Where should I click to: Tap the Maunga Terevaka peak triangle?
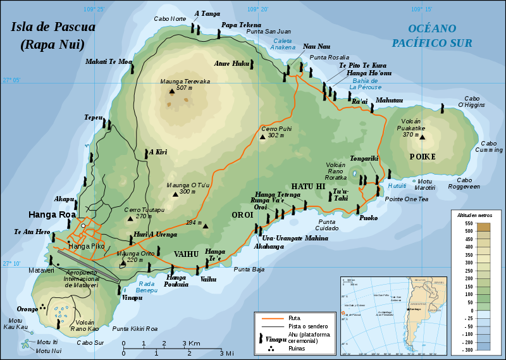point(171,92)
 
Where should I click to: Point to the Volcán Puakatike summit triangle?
point(423,137)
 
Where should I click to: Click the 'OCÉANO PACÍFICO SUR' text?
point(431,35)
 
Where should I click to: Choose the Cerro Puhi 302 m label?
point(276,132)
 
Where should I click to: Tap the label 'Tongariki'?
point(364,159)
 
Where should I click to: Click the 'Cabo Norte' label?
point(170,19)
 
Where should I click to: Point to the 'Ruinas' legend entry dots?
point(271,347)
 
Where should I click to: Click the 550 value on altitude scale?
point(468,223)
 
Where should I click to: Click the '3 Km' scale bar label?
point(192,344)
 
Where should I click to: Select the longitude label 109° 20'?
point(258,9)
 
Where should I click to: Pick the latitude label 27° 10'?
point(11,264)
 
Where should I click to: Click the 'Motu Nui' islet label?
point(49,351)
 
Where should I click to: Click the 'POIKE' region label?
point(423,157)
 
